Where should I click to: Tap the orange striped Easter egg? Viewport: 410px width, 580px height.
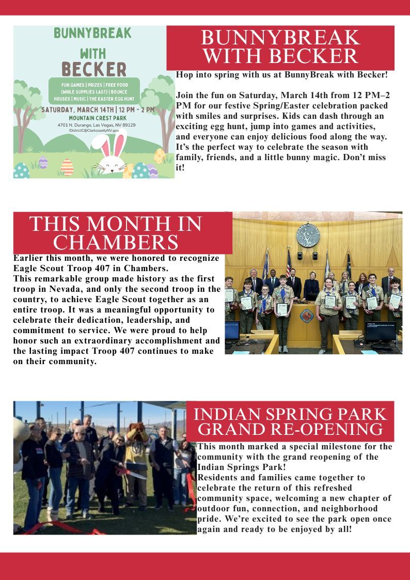point(67,167)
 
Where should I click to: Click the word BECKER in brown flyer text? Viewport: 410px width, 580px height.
point(93,69)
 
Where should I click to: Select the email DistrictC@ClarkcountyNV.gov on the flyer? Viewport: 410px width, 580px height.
point(98,131)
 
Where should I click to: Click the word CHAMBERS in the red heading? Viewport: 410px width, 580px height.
point(116,242)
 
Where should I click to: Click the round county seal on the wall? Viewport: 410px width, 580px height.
point(308,234)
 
